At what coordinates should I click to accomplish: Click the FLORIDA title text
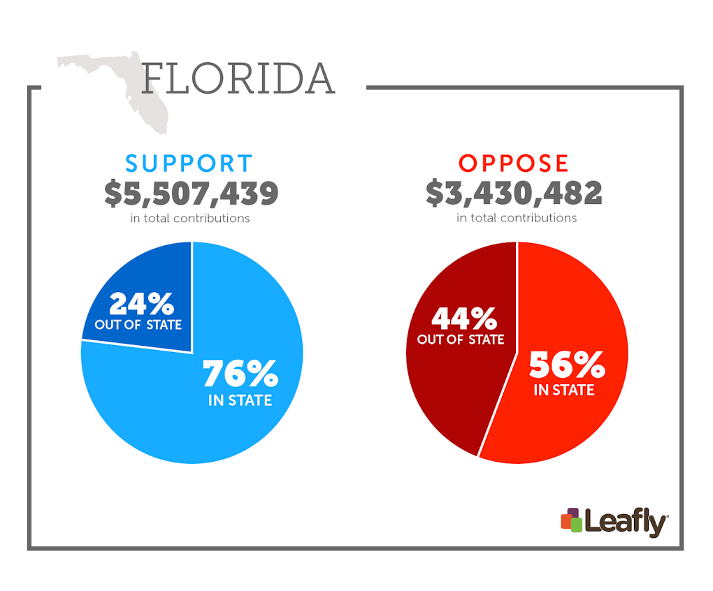(x=238, y=79)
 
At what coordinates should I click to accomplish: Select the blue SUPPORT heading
(x=189, y=163)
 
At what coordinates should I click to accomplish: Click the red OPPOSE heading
(x=514, y=163)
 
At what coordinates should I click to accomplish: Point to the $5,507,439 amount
(x=192, y=194)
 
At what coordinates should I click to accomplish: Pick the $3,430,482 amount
(x=514, y=194)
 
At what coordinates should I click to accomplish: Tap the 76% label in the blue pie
(x=240, y=374)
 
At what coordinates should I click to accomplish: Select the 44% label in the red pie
(x=463, y=319)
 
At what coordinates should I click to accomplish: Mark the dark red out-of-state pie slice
(x=447, y=391)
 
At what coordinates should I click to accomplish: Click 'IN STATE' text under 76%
(x=240, y=401)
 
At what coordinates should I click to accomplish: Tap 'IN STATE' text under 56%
(x=564, y=390)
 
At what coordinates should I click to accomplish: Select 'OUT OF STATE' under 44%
(x=461, y=340)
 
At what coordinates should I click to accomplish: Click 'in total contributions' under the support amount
(x=190, y=219)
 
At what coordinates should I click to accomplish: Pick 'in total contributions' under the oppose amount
(x=517, y=218)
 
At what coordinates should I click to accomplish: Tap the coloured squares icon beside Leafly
(x=571, y=520)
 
